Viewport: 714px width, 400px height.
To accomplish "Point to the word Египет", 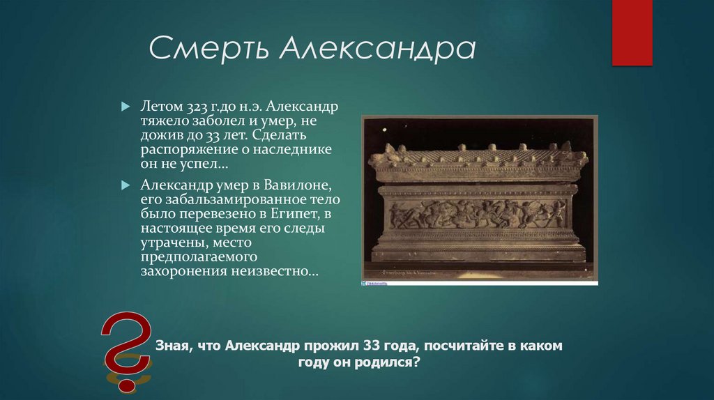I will tap(297, 214).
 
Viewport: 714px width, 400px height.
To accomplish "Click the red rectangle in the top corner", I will tap(632, 32).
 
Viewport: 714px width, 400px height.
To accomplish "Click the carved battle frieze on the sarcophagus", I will tap(478, 214).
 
